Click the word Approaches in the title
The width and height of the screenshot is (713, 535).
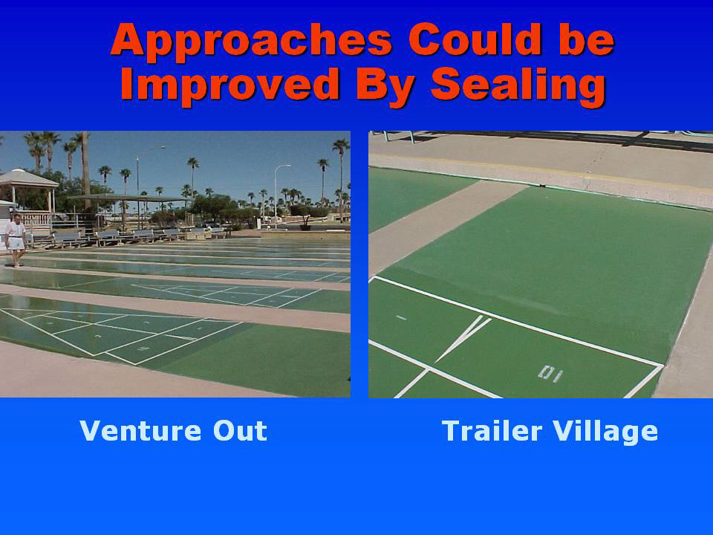pyautogui.click(x=251, y=42)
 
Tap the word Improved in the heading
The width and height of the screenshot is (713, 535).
pyautogui.click(x=229, y=86)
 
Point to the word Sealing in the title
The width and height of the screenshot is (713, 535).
pyautogui.click(x=518, y=86)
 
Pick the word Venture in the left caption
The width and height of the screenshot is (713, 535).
pyautogui.click(x=140, y=430)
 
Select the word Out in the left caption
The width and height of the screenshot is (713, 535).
pyautogui.click(x=240, y=430)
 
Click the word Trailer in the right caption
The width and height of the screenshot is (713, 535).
pyautogui.click(x=492, y=431)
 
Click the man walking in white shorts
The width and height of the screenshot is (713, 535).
pyautogui.click(x=16, y=240)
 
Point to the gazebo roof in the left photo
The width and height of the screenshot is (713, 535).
pyautogui.click(x=28, y=178)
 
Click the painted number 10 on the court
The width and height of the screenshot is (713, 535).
pyautogui.click(x=550, y=374)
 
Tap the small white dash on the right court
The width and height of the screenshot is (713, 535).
pyautogui.click(x=401, y=317)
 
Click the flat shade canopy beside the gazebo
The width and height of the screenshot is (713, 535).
pyautogui.click(x=127, y=198)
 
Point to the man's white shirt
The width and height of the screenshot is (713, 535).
pyautogui.click(x=16, y=230)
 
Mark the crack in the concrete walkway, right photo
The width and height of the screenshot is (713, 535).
pyautogui.click(x=596, y=160)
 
